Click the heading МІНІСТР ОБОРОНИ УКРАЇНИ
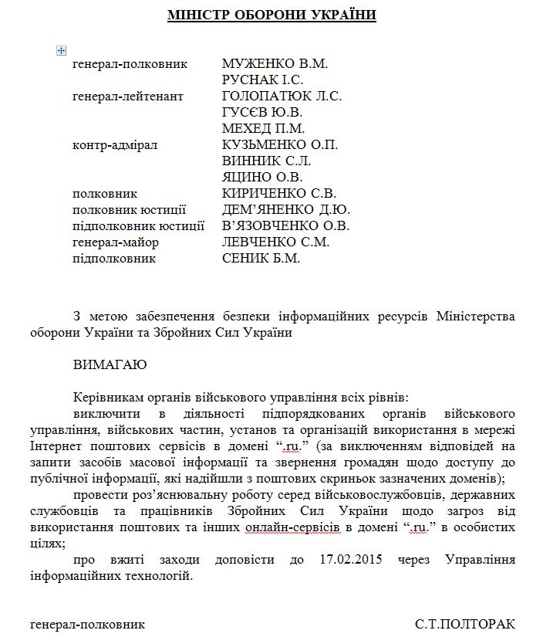(x=271, y=15)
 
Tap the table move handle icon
(x=62, y=50)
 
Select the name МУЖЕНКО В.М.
(x=268, y=63)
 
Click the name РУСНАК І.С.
(x=262, y=80)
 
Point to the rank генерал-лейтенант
(x=128, y=96)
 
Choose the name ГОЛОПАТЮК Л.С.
(x=282, y=96)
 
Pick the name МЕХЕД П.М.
(x=263, y=128)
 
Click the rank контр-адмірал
(x=115, y=144)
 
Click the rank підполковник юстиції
(x=138, y=225)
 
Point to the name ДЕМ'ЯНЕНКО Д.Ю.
(x=286, y=209)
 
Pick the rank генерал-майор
(x=115, y=242)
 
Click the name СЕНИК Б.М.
(x=261, y=258)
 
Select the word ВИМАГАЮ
(x=110, y=364)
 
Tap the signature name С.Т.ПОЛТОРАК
(x=464, y=623)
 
